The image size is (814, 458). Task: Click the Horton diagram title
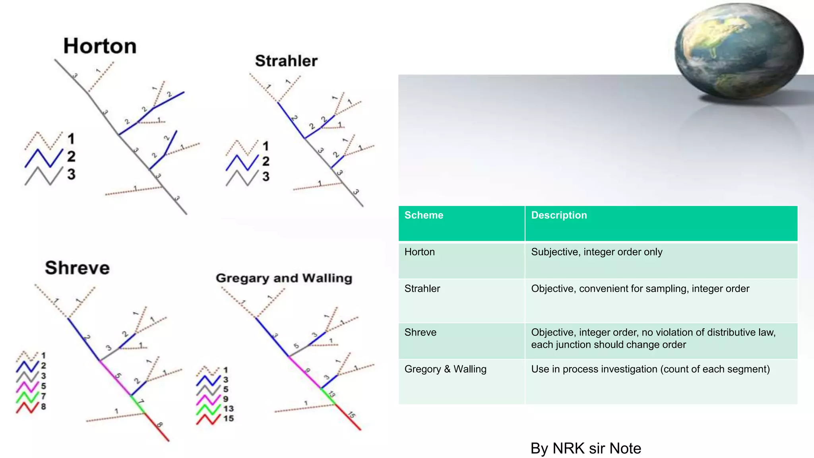tap(100, 46)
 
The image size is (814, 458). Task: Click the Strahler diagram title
tap(286, 61)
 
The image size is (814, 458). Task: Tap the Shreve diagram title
tap(77, 268)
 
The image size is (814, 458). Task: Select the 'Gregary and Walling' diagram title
tap(284, 278)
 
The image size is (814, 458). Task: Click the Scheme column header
tap(424, 215)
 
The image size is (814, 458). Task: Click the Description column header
tap(559, 215)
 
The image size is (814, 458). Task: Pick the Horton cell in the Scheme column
tap(420, 252)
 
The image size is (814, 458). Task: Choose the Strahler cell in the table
tap(422, 289)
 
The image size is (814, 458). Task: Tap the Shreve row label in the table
tap(421, 332)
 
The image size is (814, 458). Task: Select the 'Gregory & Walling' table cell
tap(445, 369)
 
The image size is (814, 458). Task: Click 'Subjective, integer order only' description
tap(597, 252)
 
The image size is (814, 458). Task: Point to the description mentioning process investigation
tap(650, 369)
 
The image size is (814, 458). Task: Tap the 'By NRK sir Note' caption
tap(585, 448)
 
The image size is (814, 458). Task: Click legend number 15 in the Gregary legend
tap(228, 418)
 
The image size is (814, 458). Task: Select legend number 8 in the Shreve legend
tap(43, 406)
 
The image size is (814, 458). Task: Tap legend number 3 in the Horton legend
tap(71, 174)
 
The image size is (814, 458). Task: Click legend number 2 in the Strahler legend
tap(266, 161)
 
